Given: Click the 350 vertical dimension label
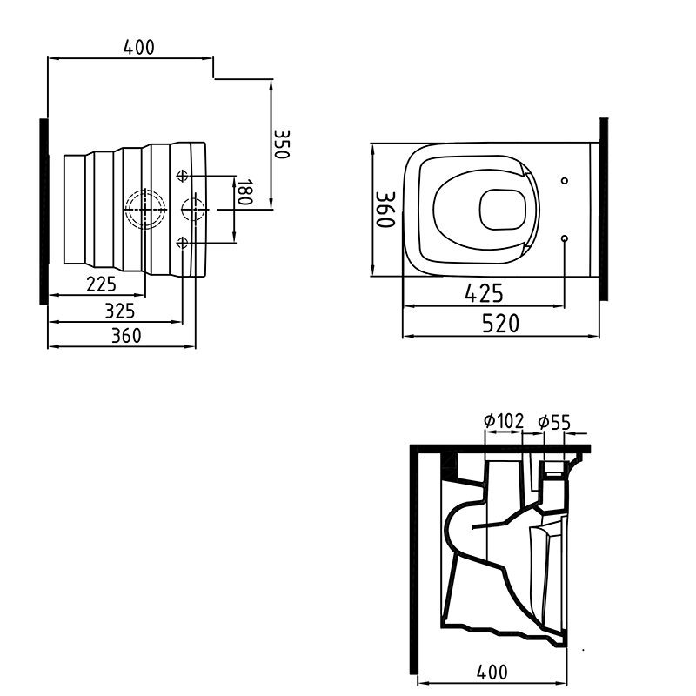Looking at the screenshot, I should point(281,144).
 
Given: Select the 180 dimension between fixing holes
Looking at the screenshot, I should point(244,192).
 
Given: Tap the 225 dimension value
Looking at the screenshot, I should point(101,284).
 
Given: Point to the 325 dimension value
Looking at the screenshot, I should point(119,310).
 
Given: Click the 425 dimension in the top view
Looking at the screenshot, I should point(483,294).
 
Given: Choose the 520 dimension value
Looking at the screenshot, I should point(501,324).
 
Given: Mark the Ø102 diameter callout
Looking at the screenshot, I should point(503,422).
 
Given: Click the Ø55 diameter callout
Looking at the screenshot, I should point(554,422).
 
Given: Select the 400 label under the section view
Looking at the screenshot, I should point(492,672).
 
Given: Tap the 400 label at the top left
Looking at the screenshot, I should point(138,48).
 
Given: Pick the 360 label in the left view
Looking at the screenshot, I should point(126,336).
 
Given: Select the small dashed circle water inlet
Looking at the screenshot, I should point(192,210).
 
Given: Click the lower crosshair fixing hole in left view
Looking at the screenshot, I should point(182,241).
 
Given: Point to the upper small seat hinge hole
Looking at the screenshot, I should point(565,181).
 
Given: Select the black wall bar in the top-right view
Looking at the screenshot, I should point(604,209).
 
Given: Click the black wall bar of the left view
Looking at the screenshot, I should point(43,211).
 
